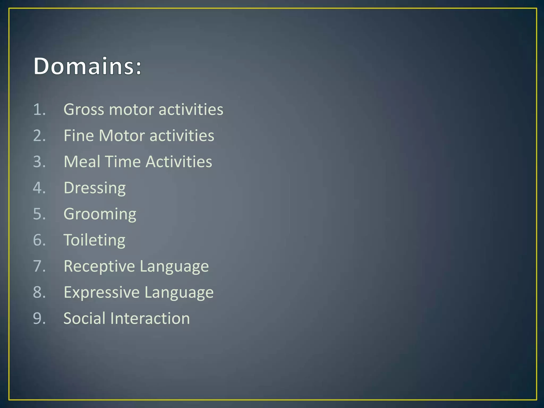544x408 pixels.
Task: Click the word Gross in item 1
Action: pyautogui.click(x=83, y=109)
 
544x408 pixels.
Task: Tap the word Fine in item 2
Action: pyautogui.click(x=79, y=135)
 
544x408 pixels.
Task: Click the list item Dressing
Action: pyautogui.click(x=95, y=188)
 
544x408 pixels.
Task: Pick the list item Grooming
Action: pyautogui.click(x=100, y=214)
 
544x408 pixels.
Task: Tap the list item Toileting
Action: pyautogui.click(x=94, y=240)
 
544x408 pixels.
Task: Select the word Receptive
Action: pyautogui.click(x=99, y=266)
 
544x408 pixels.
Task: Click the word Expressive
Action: pyautogui.click(x=102, y=292)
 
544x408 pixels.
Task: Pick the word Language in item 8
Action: pyautogui.click(x=179, y=292)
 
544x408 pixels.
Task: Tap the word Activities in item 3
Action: pyautogui.click(x=179, y=161)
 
